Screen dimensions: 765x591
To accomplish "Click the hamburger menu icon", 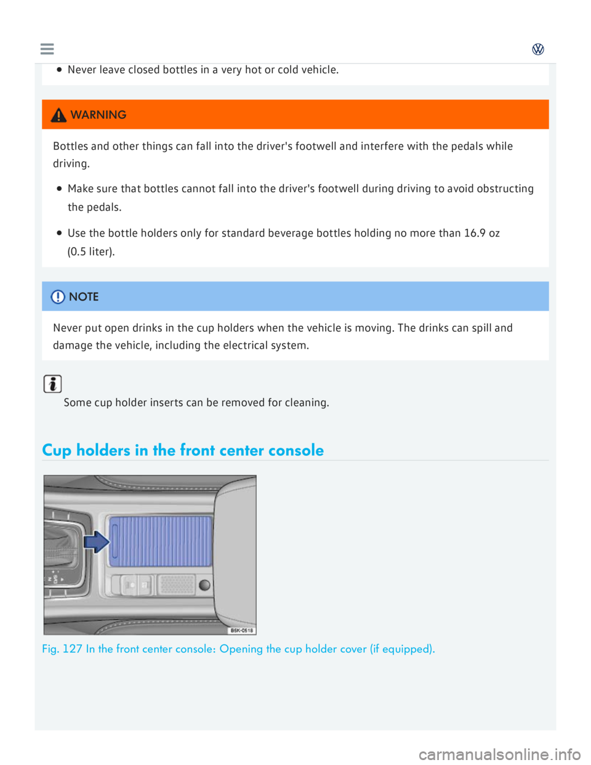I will coord(47,49).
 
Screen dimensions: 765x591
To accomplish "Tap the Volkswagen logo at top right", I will coord(537,49).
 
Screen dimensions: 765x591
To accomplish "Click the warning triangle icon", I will coord(58,115).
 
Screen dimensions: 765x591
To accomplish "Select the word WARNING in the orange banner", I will coord(98,115).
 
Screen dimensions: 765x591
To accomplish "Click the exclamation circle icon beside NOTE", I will coord(58,297).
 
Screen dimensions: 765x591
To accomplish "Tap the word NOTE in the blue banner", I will coord(84,297).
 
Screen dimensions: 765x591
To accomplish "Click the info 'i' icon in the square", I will coord(53,384).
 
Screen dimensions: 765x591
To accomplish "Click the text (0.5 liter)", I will coord(91,251).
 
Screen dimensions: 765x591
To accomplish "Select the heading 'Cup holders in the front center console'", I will coord(183,450).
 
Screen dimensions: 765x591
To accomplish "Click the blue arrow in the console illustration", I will coord(96,542).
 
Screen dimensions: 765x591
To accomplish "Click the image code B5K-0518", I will coord(241,630).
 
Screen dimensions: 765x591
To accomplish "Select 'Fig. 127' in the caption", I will coord(62,649).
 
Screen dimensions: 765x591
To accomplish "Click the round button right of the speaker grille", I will coord(204,585).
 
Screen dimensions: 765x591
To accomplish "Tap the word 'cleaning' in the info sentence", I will coord(307,402).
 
